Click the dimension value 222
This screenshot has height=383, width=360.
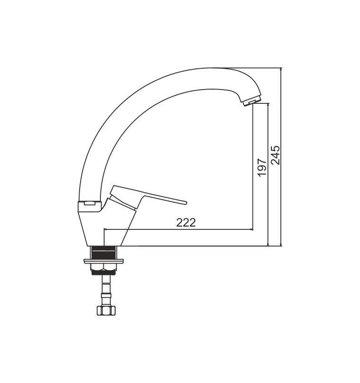tap(186, 222)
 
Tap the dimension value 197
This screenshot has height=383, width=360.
tap(262, 167)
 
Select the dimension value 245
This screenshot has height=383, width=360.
tap(276, 155)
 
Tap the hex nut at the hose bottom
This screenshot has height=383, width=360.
tap(106, 310)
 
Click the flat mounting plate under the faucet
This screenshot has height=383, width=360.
tap(103, 261)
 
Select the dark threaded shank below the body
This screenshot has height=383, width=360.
tap(104, 253)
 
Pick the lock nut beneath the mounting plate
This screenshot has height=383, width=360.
tap(103, 269)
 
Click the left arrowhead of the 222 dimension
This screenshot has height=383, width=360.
tap(106, 229)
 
